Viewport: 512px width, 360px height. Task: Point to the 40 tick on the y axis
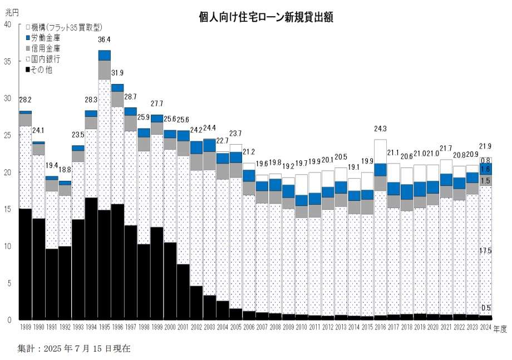point(7,24)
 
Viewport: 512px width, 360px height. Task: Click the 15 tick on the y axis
point(7,209)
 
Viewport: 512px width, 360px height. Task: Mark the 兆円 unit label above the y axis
point(11,12)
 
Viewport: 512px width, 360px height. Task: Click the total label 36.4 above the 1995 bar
point(105,40)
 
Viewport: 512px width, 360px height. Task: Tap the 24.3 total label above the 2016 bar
point(381,129)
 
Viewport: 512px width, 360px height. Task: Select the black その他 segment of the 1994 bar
point(91,259)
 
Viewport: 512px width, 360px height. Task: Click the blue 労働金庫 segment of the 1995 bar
point(105,55)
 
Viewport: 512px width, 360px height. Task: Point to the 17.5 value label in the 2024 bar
point(486,251)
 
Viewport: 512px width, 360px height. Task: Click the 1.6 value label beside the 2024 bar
point(486,169)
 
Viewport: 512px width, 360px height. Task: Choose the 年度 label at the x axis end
point(500,329)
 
